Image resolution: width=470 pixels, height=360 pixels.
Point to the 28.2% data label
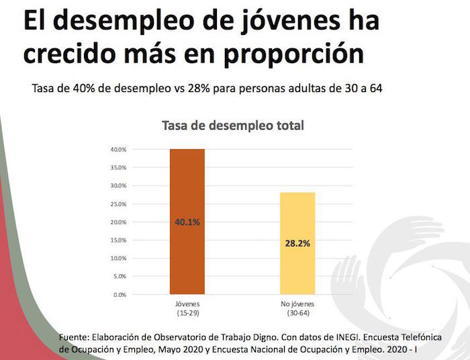297,243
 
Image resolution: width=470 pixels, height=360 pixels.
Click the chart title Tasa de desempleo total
232,126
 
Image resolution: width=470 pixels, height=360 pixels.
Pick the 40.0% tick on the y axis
119,149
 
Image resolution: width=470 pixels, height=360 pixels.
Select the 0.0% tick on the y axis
120,295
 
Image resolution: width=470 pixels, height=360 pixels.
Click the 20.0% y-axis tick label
119,222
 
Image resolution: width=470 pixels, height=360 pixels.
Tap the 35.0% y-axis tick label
119,167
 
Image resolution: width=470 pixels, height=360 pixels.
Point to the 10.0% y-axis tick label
119,259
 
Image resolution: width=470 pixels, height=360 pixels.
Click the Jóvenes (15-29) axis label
187,309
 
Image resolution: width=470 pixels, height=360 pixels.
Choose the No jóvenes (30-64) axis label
297,309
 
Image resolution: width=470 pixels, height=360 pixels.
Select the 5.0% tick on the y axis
120,277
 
